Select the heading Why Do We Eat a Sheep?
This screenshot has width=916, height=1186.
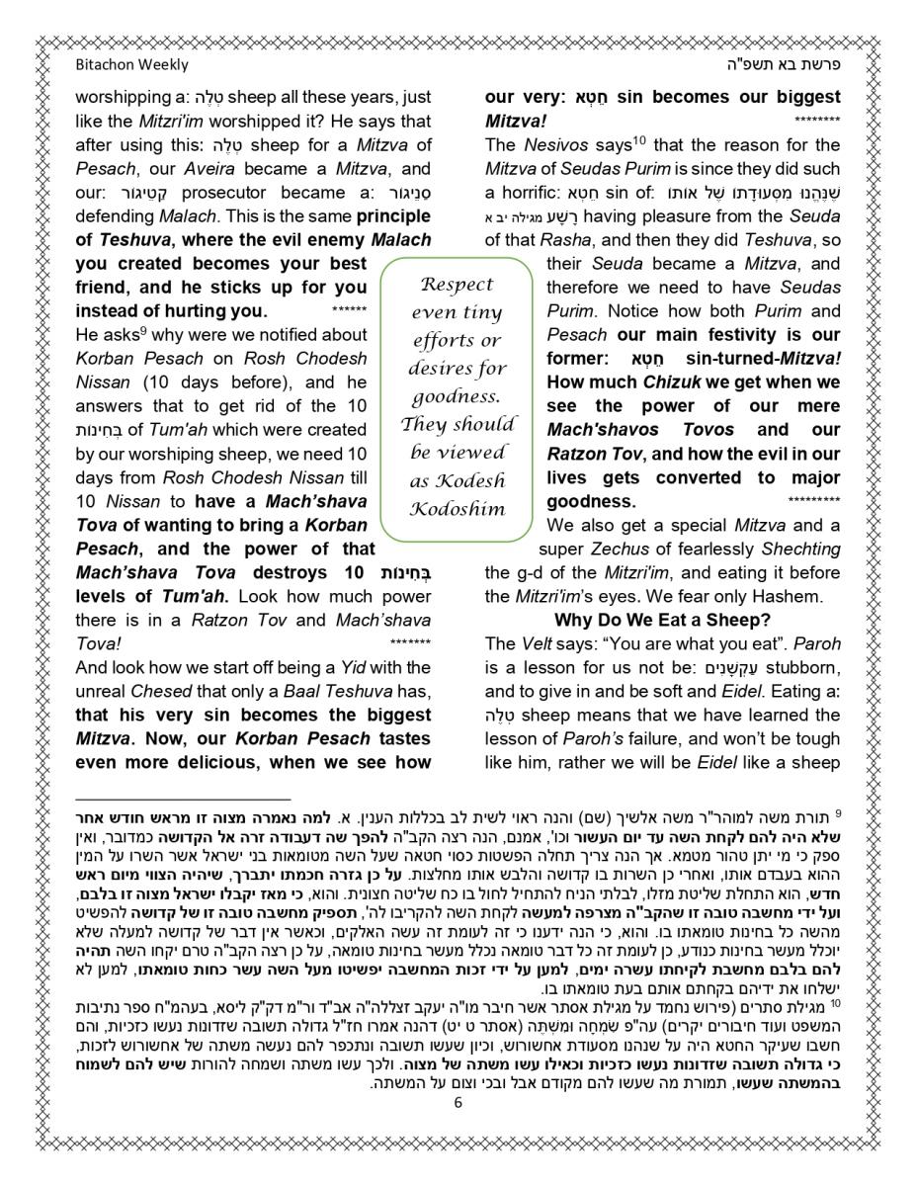(x=662, y=620)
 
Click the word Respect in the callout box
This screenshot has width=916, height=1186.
(x=457, y=285)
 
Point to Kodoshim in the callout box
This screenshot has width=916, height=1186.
(x=457, y=509)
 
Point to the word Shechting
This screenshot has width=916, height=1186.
(x=801, y=549)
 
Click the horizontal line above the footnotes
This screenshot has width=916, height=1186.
(x=184, y=799)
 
